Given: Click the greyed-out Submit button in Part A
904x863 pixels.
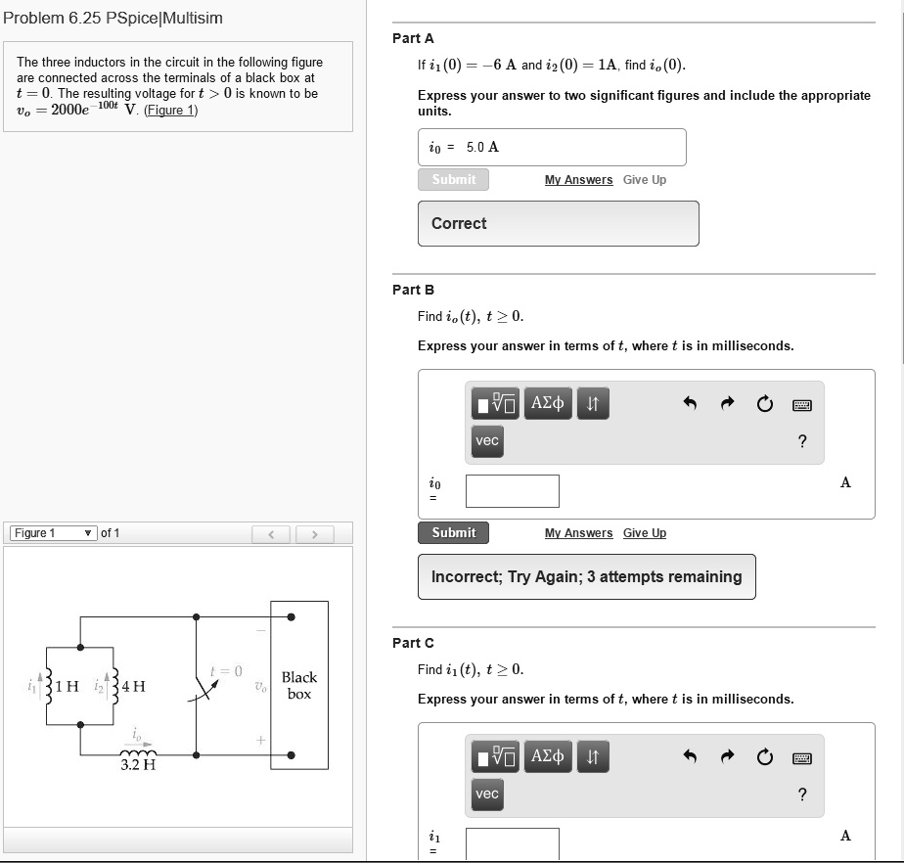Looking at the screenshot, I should tap(454, 180).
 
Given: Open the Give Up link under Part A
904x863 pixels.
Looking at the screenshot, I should tap(644, 180).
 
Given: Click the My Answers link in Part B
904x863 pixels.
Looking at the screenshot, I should tap(578, 533).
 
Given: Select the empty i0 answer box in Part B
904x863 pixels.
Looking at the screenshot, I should tap(512, 491).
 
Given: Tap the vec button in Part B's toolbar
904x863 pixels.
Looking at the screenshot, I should tap(487, 441).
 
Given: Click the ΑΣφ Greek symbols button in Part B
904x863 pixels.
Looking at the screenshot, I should tap(548, 403).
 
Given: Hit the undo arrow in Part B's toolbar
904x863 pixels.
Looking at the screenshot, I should tap(690, 404).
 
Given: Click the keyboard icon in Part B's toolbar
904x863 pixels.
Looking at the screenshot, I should tap(802, 404).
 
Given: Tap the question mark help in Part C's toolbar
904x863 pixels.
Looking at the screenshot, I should tap(802, 795).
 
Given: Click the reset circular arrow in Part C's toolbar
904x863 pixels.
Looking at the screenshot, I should tap(764, 757).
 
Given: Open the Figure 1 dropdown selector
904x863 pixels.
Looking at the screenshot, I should tap(54, 533).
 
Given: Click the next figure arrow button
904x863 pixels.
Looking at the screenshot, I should tap(314, 534).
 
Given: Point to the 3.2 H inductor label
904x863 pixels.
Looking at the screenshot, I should tap(138, 765).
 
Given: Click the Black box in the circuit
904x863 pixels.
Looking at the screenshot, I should tap(298, 685).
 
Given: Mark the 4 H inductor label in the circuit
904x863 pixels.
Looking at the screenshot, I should tap(133, 686).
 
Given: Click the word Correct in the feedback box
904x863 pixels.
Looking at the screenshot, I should tap(459, 223).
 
